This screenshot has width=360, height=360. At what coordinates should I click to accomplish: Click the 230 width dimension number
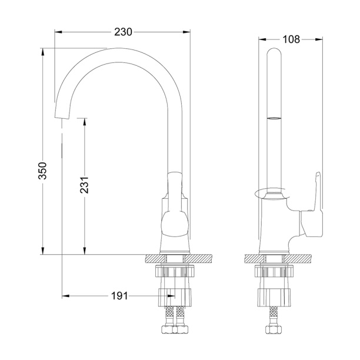pos(123,32)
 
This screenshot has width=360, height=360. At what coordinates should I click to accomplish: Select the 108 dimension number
pos(291,39)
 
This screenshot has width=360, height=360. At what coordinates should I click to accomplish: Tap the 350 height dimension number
pos(42,171)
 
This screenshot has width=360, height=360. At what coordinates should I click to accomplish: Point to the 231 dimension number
pos(84,185)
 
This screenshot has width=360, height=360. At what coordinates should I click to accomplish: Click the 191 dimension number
pos(119,296)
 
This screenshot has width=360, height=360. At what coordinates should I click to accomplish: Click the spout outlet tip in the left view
pos(62,118)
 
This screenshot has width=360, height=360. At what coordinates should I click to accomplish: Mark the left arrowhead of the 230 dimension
pos(58,32)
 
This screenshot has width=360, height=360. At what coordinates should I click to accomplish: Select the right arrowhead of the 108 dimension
pos(319,39)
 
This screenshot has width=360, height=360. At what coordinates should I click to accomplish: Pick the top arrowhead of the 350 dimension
pos(42,52)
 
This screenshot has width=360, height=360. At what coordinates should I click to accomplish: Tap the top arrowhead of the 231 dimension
pos(85,122)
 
